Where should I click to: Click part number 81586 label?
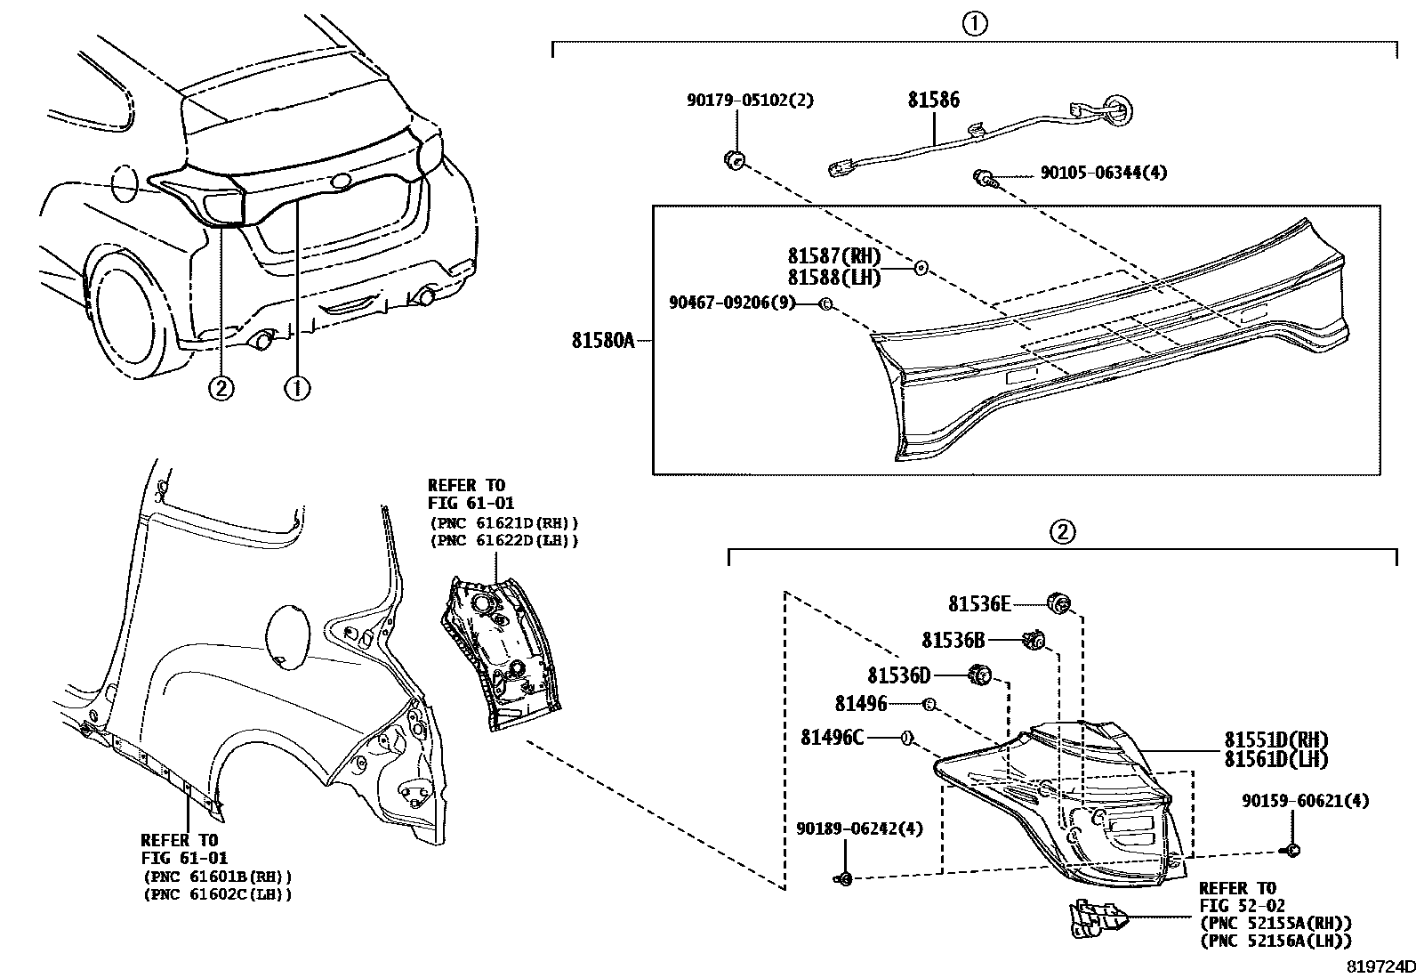(x=933, y=100)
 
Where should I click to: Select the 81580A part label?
(x=602, y=340)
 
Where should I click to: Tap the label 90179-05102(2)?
(x=749, y=101)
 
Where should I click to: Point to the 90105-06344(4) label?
(x=1103, y=173)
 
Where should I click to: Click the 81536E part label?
(x=978, y=604)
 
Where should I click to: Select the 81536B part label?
(x=953, y=640)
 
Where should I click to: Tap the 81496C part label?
(x=832, y=738)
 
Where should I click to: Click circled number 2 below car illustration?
(x=221, y=389)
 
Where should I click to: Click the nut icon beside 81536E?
(x=1058, y=602)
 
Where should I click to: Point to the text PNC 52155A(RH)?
(x=1275, y=923)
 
